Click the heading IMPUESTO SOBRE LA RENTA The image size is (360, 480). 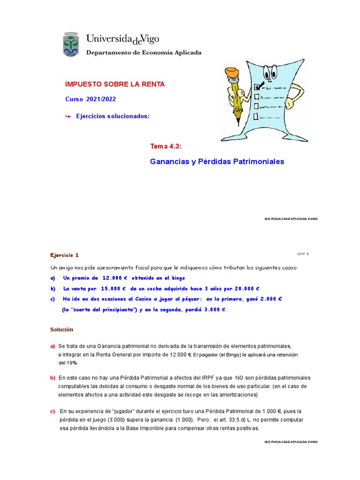tap(115, 84)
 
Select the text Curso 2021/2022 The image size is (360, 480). tap(90, 99)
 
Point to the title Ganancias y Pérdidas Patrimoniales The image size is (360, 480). tap(217, 162)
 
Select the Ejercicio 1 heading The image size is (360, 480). tap(65, 255)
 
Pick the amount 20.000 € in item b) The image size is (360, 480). tap(244, 288)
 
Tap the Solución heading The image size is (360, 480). tap(62, 330)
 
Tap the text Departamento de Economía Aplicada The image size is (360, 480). tap(143, 52)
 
